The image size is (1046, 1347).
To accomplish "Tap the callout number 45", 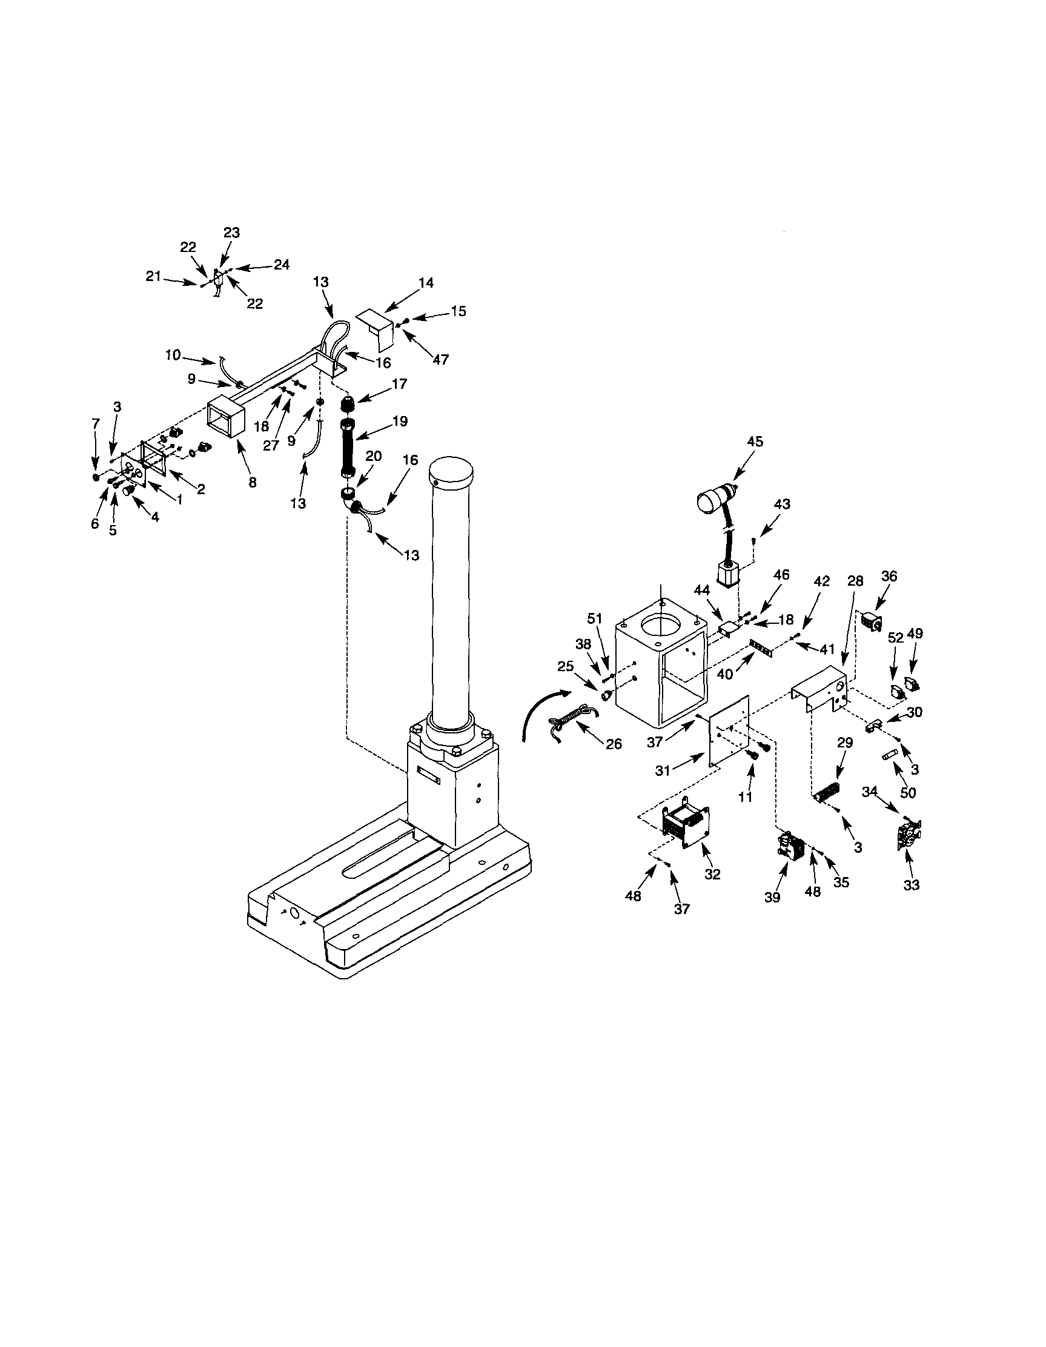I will [755, 442].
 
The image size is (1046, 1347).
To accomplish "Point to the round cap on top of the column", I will [450, 471].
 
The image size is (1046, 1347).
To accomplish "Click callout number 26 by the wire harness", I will [614, 744].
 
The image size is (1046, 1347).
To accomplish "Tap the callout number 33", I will [911, 885].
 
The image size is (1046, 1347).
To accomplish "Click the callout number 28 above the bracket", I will [855, 581].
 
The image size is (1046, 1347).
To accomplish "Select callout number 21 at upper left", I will [154, 277].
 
